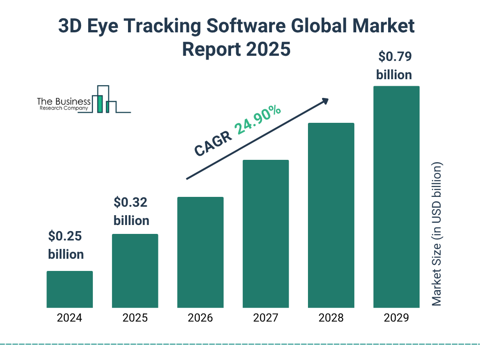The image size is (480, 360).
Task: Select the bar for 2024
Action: [69, 289]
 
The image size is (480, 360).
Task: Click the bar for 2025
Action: [135, 271]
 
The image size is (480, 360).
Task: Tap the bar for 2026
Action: [200, 252]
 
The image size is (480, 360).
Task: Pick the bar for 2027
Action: [265, 234]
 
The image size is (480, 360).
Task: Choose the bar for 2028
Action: [331, 215]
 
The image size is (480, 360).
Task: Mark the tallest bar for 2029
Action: [396, 197]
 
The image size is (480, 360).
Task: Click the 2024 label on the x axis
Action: [69, 318]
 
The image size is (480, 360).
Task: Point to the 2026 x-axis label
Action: [200, 318]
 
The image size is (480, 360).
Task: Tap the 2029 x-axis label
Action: [396, 318]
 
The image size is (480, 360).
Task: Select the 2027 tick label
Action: [265, 318]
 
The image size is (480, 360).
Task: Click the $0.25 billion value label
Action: [66, 245]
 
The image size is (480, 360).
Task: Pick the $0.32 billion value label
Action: [131, 211]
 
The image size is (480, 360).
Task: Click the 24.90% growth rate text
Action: [258, 120]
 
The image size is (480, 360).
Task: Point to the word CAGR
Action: [212, 144]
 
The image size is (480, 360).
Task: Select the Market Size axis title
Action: [437, 234]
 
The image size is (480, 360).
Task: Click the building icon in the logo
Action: [104, 99]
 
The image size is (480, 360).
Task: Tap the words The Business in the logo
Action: [64, 102]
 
